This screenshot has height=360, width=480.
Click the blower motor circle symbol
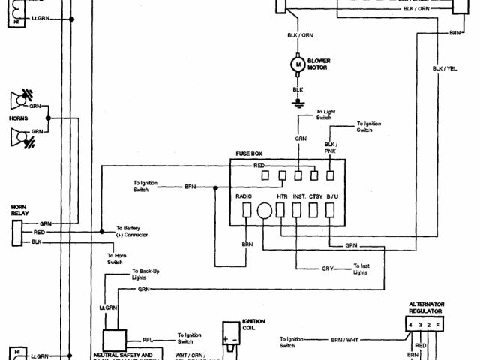[x=298, y=65]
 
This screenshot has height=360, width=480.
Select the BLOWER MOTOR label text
[x=318, y=64]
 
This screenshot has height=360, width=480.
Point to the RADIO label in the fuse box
[x=244, y=196]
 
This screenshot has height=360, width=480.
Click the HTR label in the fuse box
[x=282, y=196]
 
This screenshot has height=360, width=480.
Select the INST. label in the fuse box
[x=299, y=196]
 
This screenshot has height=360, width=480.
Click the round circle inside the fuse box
[x=263, y=212]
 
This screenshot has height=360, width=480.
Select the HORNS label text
[x=18, y=118]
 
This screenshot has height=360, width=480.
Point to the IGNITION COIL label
[x=253, y=324]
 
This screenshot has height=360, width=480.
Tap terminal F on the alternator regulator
[x=438, y=324]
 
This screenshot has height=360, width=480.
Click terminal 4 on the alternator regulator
[x=410, y=324]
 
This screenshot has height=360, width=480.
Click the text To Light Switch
[x=325, y=114]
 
